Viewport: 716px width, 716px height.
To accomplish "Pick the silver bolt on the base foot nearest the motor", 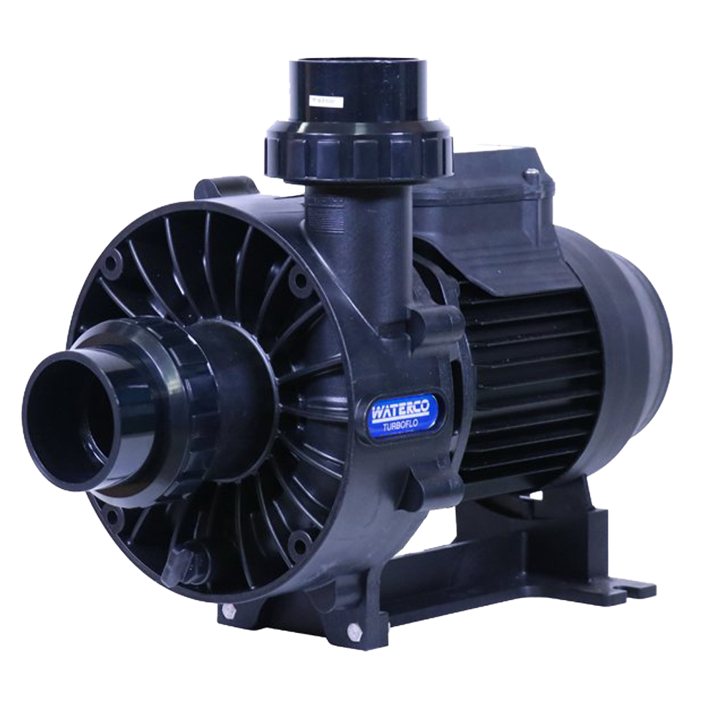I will [352, 632].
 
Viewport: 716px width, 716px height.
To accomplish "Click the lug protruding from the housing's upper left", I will [208, 190].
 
